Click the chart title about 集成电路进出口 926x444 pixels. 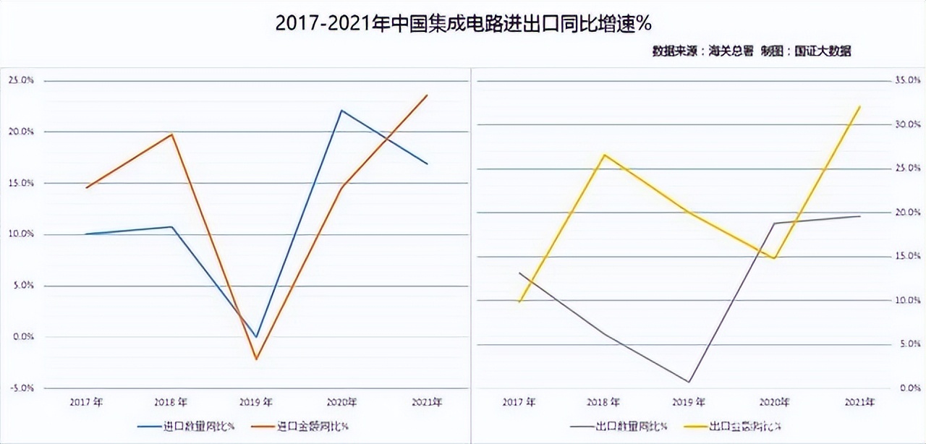(464, 24)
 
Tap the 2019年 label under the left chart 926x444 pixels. (256, 402)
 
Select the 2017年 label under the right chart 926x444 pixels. (519, 402)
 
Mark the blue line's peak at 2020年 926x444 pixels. (341, 111)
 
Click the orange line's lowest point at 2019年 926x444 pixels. (256, 359)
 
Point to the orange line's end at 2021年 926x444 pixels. (427, 95)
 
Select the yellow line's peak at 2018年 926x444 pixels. (604, 155)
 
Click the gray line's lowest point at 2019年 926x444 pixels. (689, 382)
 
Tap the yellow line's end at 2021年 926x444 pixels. (859, 106)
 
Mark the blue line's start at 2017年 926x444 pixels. (85, 234)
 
